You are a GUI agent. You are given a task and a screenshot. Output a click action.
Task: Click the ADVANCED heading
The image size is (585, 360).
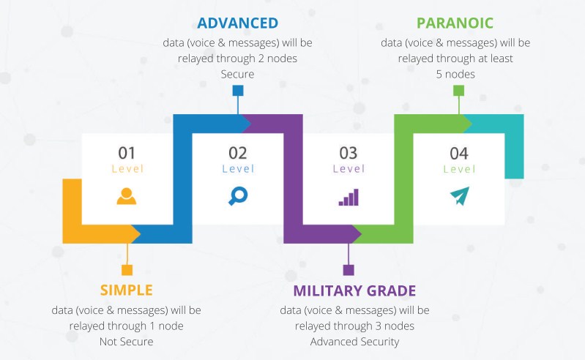tap(238, 23)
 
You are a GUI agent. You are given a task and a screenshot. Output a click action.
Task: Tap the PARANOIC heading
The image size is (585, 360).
tap(455, 23)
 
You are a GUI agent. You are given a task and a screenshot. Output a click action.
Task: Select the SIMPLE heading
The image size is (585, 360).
tap(127, 290)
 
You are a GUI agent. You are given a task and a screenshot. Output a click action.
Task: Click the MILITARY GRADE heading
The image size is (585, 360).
tap(354, 290)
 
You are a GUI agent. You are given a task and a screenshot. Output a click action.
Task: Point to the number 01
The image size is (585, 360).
tap(127, 153)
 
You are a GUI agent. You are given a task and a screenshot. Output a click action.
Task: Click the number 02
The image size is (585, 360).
tap(238, 153)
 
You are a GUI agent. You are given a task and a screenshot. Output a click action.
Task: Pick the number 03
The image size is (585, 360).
tap(348, 153)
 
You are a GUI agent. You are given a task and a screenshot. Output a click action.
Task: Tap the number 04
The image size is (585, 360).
tap(459, 153)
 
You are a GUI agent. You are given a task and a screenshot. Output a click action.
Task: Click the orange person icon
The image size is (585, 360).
tap(127, 196)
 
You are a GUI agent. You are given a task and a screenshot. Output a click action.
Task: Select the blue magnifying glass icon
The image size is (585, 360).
tap(238, 196)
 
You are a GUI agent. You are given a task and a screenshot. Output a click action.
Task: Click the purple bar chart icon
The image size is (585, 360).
tap(349, 197)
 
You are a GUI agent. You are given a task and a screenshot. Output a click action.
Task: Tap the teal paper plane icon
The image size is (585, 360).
tap(459, 196)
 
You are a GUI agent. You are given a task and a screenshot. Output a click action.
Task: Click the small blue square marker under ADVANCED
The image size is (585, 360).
tap(238, 91)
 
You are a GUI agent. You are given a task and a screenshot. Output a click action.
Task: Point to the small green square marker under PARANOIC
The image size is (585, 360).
tap(458, 91)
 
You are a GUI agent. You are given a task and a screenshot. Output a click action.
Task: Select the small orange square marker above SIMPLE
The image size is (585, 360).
tap(127, 270)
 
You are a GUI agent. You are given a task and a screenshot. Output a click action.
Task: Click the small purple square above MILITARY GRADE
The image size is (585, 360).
tap(349, 270)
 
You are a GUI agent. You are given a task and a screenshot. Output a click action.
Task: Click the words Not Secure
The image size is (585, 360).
tap(127, 342)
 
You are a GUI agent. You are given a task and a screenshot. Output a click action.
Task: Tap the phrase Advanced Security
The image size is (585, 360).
tap(354, 342)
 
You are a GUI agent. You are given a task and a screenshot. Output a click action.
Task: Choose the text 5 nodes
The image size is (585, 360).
tap(455, 74)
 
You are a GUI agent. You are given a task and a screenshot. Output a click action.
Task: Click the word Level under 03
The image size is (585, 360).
tap(349, 169)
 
